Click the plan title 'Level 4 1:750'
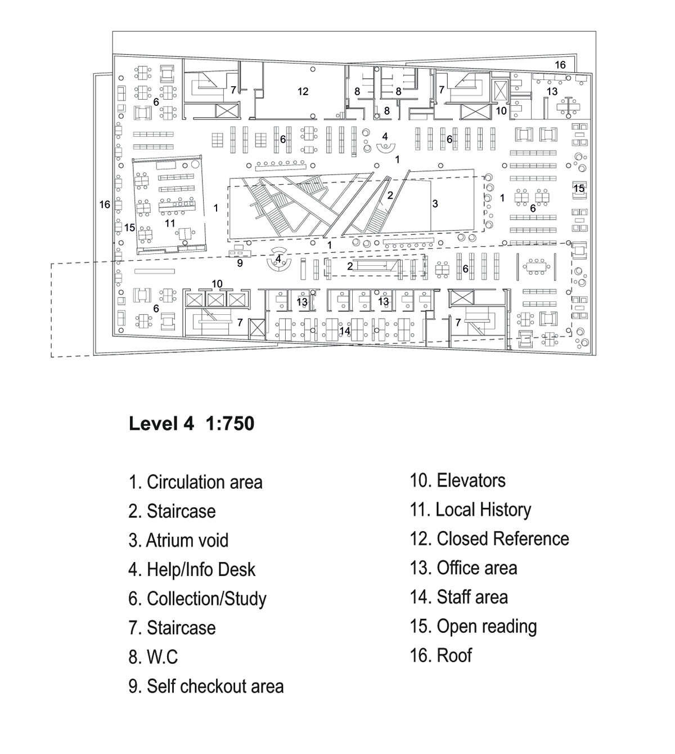(x=191, y=423)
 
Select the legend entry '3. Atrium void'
(x=178, y=541)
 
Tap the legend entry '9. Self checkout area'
(x=206, y=686)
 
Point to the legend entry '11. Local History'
(x=470, y=510)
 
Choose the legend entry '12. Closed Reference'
(x=489, y=539)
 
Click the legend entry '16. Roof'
(x=441, y=655)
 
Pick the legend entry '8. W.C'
(x=153, y=657)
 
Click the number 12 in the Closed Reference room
(x=303, y=91)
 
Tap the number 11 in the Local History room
(x=170, y=223)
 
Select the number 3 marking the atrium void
(x=435, y=204)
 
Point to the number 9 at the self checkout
(x=240, y=263)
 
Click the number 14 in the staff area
(x=345, y=331)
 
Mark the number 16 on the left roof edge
(x=105, y=204)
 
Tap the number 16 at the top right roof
(x=560, y=65)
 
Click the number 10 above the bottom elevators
(x=217, y=284)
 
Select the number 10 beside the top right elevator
(x=501, y=111)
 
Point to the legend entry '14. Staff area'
(x=458, y=597)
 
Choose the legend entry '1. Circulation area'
(x=195, y=483)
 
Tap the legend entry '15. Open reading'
(x=473, y=626)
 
